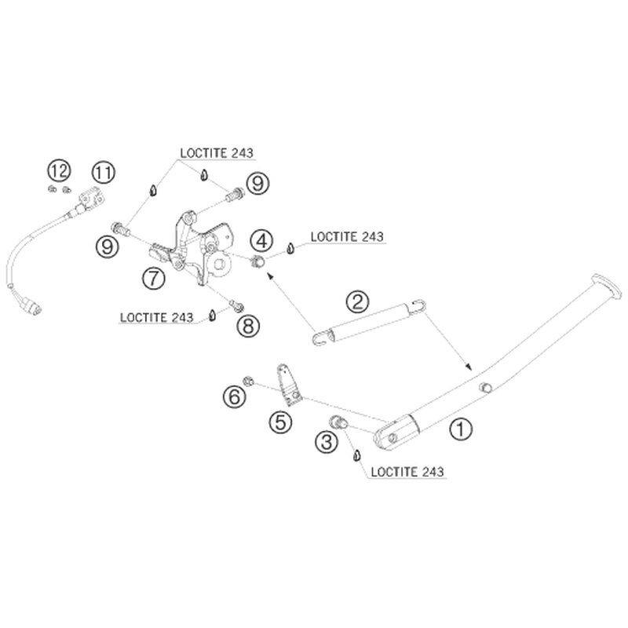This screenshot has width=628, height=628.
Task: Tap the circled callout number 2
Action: point(357,301)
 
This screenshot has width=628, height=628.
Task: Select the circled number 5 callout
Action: point(280,422)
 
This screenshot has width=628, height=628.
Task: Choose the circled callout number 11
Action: point(103,170)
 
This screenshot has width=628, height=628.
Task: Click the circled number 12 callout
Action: point(57,170)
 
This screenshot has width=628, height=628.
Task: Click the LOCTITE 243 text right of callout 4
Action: point(348,235)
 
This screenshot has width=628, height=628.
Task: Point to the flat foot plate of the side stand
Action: point(604,284)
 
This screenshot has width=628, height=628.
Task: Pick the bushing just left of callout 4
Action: point(255,261)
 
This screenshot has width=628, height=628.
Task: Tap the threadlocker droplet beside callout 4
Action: point(290,249)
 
